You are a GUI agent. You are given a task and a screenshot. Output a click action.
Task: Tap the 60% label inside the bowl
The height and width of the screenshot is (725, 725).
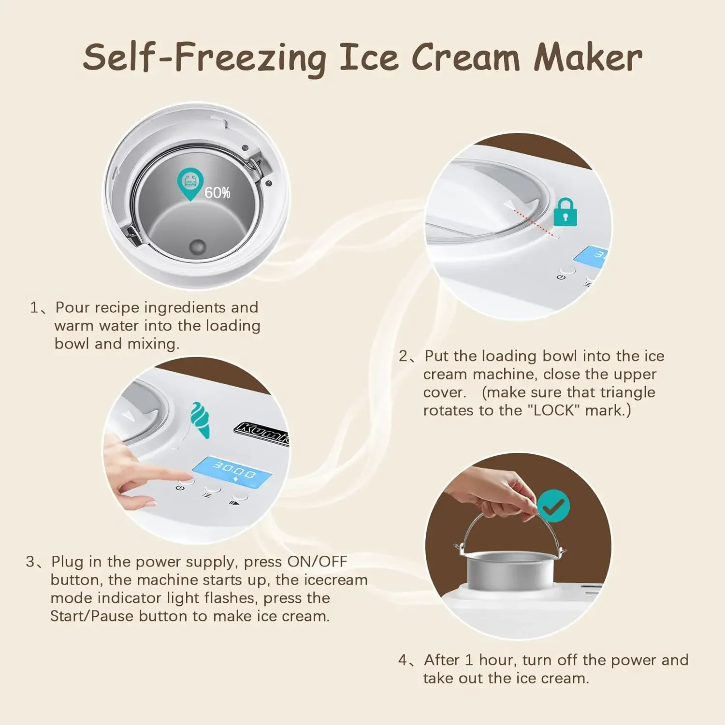tap(217, 193)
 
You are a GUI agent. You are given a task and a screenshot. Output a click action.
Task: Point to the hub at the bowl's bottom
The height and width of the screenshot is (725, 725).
tap(197, 246)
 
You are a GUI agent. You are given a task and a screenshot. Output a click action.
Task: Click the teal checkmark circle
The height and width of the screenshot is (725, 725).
tap(553, 506)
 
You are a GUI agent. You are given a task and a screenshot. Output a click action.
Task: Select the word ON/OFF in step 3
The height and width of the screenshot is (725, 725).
tap(317, 562)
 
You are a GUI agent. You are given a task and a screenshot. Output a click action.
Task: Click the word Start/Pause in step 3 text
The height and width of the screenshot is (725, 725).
tap(92, 616)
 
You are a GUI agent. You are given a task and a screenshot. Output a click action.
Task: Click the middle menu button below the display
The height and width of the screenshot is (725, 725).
tap(211, 490)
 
